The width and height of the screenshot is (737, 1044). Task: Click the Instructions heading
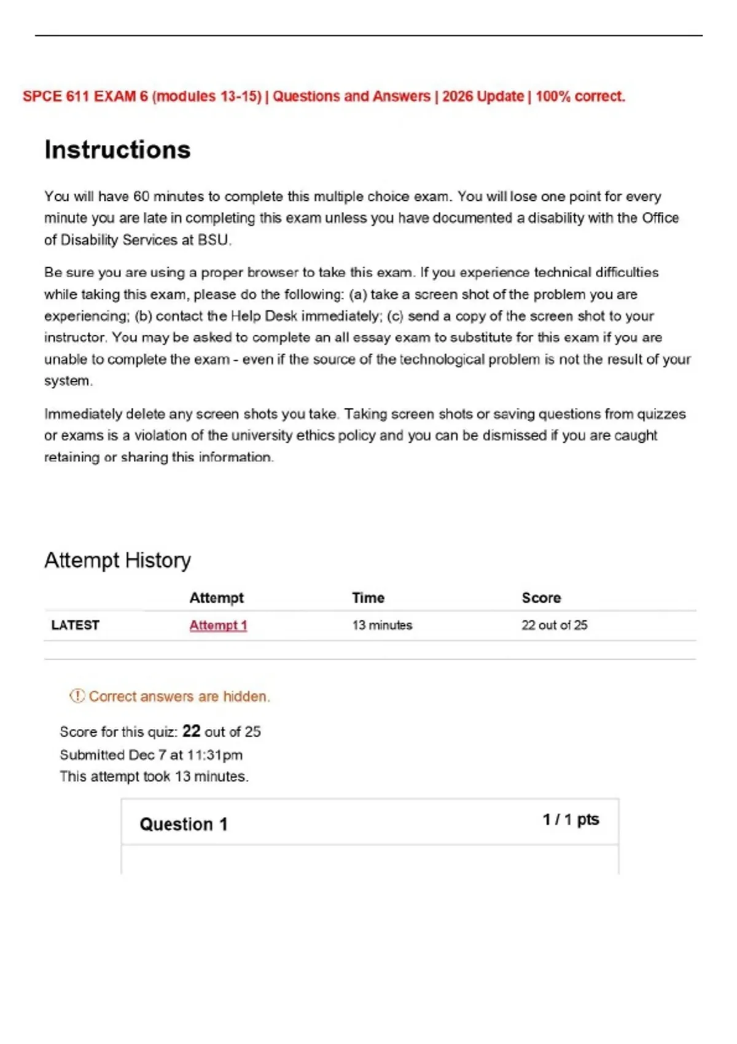(x=117, y=150)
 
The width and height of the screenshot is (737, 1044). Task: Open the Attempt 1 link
(x=218, y=625)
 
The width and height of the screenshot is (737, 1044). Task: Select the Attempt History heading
(x=117, y=560)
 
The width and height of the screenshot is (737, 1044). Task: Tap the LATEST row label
(x=75, y=625)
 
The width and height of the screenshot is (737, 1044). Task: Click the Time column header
(x=368, y=598)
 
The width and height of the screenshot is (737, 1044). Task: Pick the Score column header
(x=541, y=598)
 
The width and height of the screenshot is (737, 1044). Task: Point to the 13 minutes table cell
(x=382, y=625)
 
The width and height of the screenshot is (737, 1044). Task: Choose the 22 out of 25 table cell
(x=554, y=625)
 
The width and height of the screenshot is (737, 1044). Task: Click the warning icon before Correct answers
(x=77, y=696)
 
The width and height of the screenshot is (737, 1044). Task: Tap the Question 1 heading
(x=183, y=824)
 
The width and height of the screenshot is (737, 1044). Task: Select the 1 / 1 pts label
(x=571, y=820)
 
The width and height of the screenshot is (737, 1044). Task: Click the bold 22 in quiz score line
(x=191, y=731)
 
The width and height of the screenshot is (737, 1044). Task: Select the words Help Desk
(x=263, y=316)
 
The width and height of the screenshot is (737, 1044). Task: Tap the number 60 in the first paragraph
(x=141, y=197)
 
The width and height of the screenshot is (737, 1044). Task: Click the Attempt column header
(x=216, y=598)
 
